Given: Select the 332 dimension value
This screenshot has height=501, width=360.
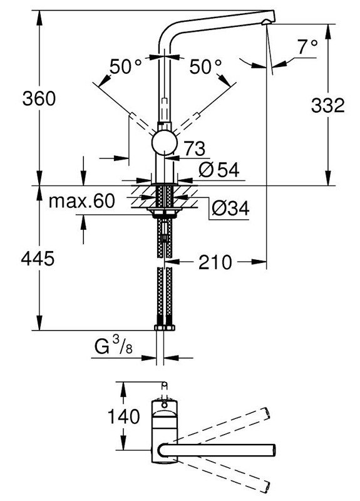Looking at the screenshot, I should (327, 105).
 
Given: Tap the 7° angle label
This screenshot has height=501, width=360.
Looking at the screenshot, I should (307, 47).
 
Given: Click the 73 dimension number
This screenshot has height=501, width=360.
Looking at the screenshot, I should (195, 148).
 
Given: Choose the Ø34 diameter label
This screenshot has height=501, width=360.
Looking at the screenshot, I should (229, 209).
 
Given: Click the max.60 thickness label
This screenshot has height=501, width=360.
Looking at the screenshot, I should (83, 201).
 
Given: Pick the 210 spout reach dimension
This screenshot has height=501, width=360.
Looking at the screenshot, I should (216, 262).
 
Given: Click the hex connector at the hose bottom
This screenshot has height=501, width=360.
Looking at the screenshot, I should (164, 327).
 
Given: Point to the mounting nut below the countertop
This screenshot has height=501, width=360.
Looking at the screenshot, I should (164, 214).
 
